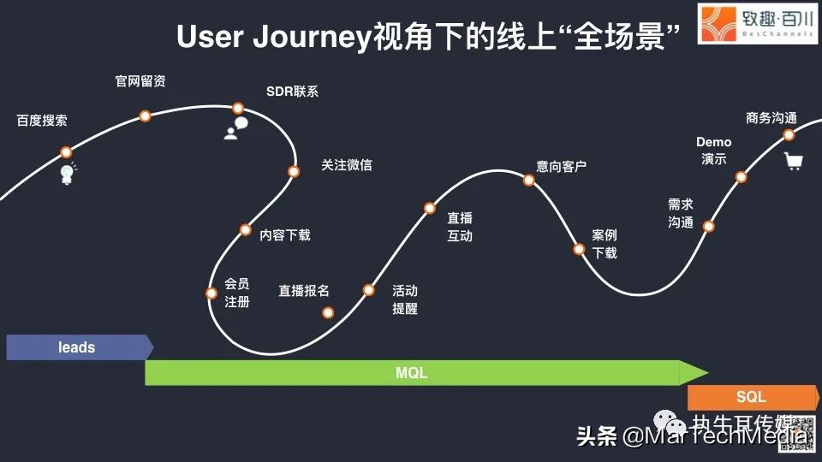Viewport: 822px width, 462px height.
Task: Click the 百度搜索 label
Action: coord(42,121)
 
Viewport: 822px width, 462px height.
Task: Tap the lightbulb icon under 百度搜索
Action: coord(67,174)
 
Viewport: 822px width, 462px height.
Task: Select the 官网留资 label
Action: coord(140,81)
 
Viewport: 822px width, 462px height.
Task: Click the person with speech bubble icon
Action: coord(235,128)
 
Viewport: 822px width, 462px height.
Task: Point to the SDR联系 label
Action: coord(292,92)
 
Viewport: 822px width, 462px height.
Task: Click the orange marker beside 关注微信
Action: coord(294,171)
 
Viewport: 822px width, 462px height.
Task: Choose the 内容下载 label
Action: coord(285,234)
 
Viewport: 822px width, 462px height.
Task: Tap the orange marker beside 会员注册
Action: coord(211,293)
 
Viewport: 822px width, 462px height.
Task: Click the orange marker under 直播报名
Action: coord(327,312)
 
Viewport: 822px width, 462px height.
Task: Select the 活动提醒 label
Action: coord(405,299)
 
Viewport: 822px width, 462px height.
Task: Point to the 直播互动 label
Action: coord(460,227)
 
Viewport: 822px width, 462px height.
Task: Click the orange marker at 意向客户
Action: coord(529,180)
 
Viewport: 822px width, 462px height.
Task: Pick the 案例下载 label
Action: coord(605,244)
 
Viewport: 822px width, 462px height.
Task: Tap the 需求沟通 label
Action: coord(681,213)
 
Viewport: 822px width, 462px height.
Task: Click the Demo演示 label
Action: coord(713,151)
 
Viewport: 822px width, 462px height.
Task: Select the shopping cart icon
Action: coord(794,161)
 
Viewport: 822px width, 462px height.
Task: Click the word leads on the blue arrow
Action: coord(77,347)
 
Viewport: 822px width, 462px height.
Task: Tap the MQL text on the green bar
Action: coord(411,373)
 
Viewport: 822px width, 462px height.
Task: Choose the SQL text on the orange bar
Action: coord(751,397)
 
